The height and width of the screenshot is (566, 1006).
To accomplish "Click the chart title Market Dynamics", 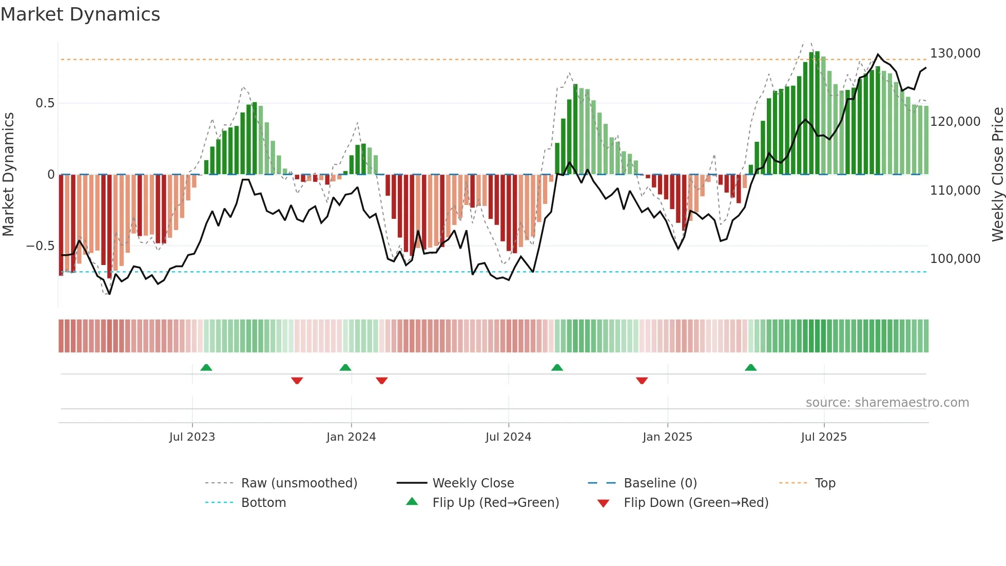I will (x=80, y=14).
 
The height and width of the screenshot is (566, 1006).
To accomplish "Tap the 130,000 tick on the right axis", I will (x=955, y=53).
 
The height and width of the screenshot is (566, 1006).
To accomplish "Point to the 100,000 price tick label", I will (x=955, y=259).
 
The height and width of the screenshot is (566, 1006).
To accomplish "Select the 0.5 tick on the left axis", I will (x=45, y=103).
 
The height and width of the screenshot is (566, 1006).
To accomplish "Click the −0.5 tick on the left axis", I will (x=40, y=246).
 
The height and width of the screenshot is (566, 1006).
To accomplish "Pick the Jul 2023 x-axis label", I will (x=192, y=437).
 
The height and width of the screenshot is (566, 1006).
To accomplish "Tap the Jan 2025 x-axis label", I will (x=667, y=437).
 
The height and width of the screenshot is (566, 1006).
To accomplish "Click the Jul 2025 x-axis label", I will (x=824, y=437).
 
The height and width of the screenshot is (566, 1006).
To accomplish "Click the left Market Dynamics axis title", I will (x=8, y=175).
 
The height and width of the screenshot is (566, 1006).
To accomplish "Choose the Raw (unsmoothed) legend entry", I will (x=299, y=483).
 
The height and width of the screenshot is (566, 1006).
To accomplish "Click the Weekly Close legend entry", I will (x=473, y=483).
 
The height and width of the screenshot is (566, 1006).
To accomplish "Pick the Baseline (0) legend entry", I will (x=660, y=483).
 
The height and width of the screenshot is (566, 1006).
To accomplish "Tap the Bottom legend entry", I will (x=263, y=503).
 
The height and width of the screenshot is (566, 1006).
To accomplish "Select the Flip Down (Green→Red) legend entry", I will (x=695, y=503).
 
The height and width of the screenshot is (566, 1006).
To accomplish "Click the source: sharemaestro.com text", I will (x=887, y=403).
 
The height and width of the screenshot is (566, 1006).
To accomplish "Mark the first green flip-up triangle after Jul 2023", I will (x=206, y=368).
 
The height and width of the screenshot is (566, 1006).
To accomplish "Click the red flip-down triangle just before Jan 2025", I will (x=642, y=381).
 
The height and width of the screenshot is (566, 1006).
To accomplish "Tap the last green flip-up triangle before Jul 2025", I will (x=750, y=368).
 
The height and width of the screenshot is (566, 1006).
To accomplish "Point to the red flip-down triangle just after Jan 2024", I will (x=381, y=381).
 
